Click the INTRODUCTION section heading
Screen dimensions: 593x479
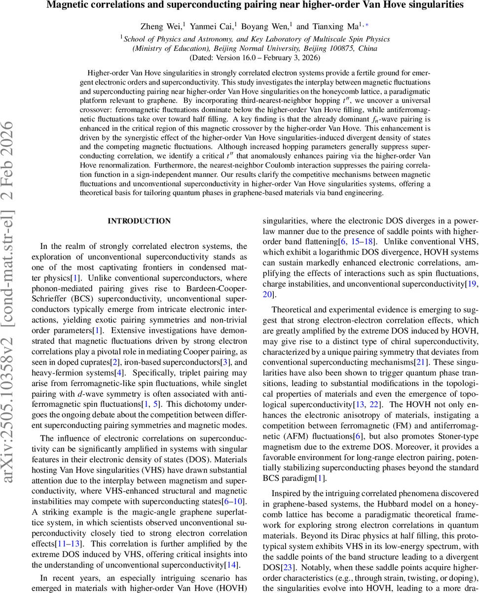tap(139, 221)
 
